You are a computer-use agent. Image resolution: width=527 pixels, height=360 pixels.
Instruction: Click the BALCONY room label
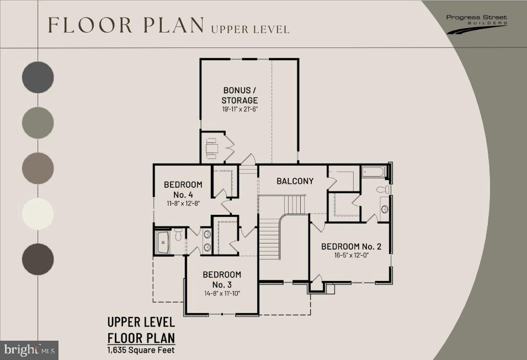point(295,181)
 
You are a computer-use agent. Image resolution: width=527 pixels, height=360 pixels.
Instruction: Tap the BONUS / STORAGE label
point(239,95)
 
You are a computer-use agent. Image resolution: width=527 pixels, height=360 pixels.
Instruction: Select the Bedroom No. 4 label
point(183,189)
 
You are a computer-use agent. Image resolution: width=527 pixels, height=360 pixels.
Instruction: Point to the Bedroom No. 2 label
point(351,246)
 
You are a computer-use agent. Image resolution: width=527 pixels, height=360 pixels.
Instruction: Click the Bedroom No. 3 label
point(222,279)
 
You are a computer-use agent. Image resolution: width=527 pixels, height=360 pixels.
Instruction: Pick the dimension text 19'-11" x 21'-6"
point(239,109)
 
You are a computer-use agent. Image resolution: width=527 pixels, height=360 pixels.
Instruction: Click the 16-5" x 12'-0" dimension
point(351,255)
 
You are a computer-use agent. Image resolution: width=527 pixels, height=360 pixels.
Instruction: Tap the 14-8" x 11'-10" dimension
point(222,293)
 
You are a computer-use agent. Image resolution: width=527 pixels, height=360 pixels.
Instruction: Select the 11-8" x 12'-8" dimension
point(184,203)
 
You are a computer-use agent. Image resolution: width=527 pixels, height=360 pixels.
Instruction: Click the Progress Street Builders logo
point(477,24)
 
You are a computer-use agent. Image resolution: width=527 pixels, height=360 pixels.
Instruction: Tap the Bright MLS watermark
point(29,350)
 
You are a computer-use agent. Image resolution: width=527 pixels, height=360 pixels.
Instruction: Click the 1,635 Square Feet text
point(141,350)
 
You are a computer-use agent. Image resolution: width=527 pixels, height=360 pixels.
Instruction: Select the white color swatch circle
point(38,214)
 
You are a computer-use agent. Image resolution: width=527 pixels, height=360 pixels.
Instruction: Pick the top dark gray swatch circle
point(38,77)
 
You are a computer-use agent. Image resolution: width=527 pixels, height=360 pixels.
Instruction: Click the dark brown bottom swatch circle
point(38,259)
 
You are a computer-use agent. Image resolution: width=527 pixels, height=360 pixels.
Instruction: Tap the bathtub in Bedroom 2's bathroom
point(374,172)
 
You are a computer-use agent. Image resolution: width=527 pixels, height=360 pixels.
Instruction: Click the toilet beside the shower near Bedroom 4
point(178,234)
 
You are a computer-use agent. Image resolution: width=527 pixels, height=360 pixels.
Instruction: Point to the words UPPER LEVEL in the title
point(250,29)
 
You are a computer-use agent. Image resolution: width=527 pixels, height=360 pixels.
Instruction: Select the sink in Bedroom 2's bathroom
point(385,209)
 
